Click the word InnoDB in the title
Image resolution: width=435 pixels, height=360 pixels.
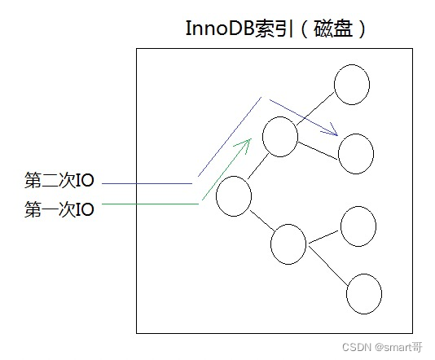tap(220, 29)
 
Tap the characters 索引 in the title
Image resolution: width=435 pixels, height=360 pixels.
tap(274, 29)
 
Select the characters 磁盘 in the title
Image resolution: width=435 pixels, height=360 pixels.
tap(332, 29)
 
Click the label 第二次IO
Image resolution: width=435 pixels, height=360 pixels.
tap(59, 180)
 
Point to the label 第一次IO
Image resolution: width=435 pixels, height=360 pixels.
tap(59, 209)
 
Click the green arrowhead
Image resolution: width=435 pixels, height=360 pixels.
tap(245, 144)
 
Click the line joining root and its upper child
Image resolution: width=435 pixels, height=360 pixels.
tap(258, 166)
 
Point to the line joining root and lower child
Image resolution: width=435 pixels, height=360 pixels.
tap(261, 221)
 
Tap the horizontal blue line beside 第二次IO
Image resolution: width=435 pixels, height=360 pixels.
tap(147, 183)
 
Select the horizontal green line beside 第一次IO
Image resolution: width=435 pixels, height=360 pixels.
tap(151, 204)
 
